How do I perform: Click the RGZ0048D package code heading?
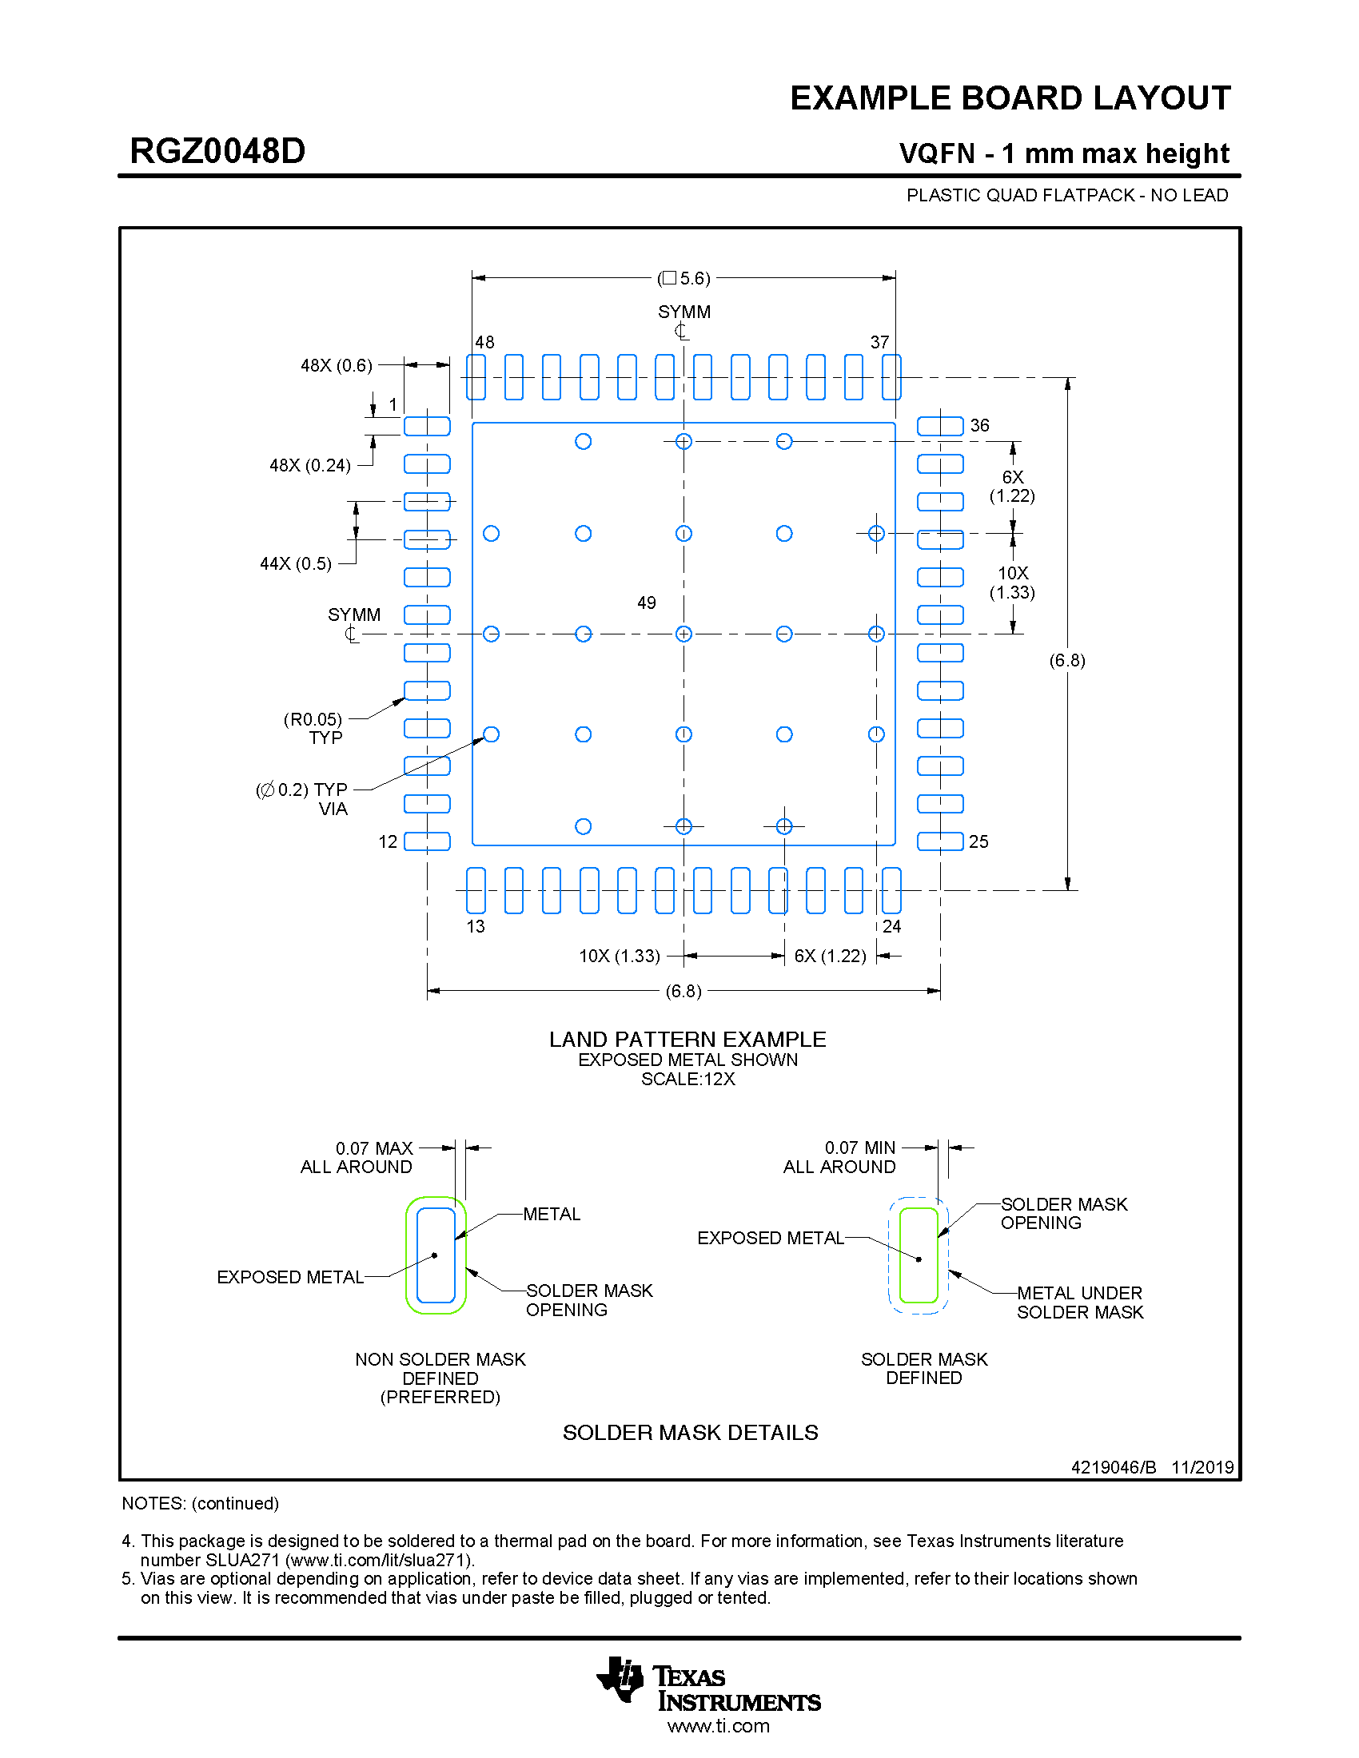(x=217, y=151)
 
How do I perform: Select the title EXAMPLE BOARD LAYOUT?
(x=1010, y=98)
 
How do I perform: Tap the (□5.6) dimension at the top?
(x=683, y=279)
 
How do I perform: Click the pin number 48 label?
(x=484, y=342)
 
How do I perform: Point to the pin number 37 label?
(x=879, y=342)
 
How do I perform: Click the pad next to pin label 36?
(x=939, y=426)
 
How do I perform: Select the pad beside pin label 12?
(x=427, y=842)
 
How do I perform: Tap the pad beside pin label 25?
(x=939, y=842)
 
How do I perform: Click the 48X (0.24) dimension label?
(x=310, y=465)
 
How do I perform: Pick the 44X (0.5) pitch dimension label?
(x=296, y=563)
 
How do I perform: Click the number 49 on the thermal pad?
(x=647, y=603)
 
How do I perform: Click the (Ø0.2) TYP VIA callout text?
(x=303, y=798)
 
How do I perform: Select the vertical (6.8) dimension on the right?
(x=1066, y=660)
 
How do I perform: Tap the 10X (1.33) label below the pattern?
(x=619, y=956)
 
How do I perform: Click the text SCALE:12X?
(x=687, y=1079)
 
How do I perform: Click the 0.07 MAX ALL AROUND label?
(x=357, y=1158)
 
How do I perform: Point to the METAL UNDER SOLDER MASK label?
(x=1079, y=1303)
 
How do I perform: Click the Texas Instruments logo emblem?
(x=620, y=1679)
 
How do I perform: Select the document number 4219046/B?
(x=1114, y=1466)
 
